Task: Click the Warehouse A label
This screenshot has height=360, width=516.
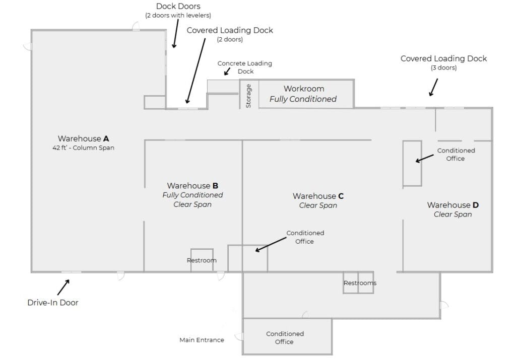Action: click(83, 138)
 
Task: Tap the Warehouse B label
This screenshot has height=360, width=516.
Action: click(192, 186)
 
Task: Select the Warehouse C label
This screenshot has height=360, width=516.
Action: click(318, 196)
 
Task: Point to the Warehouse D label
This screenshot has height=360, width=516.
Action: click(453, 205)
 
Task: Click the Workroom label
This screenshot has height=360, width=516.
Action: click(303, 89)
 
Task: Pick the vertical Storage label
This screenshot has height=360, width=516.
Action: click(248, 96)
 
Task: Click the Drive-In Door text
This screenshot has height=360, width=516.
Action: click(53, 303)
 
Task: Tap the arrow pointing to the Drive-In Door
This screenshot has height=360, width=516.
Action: click(63, 287)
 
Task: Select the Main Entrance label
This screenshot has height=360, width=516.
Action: click(202, 340)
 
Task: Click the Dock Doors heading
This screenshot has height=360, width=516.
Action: click(178, 7)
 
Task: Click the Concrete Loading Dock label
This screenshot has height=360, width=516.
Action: click(244, 67)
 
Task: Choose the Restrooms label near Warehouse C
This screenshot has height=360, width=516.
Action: click(360, 283)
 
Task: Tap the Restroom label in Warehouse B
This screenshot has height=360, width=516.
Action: click(202, 260)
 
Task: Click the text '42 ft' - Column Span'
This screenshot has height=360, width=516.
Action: click(83, 148)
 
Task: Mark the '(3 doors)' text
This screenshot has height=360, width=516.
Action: click(443, 68)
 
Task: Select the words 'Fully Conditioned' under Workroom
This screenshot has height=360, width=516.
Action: click(303, 99)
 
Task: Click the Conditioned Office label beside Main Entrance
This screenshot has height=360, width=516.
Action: click(285, 337)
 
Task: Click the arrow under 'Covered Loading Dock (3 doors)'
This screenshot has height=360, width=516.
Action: click(432, 87)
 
